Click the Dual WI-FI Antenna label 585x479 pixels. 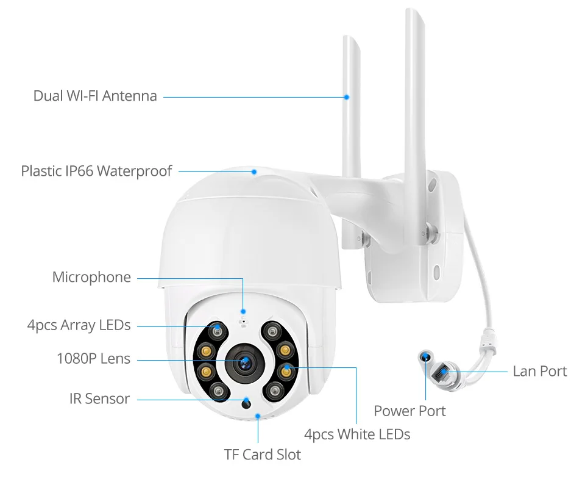click(x=95, y=96)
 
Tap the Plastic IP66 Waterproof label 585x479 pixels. click(x=96, y=171)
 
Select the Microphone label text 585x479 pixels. click(x=91, y=277)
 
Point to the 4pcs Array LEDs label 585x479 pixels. click(x=79, y=325)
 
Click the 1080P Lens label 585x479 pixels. click(x=93, y=358)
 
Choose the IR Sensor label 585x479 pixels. click(x=99, y=398)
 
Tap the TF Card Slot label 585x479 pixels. click(x=262, y=454)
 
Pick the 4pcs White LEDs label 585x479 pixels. click(x=356, y=434)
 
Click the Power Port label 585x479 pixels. click(x=409, y=411)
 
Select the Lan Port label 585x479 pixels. click(x=539, y=371)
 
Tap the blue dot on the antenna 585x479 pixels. click(x=346, y=96)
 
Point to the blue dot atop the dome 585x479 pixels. click(x=254, y=171)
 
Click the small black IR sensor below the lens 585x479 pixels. click(x=246, y=403)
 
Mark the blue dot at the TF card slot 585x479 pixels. click(x=258, y=416)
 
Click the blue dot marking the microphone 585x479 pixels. click(x=243, y=311)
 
